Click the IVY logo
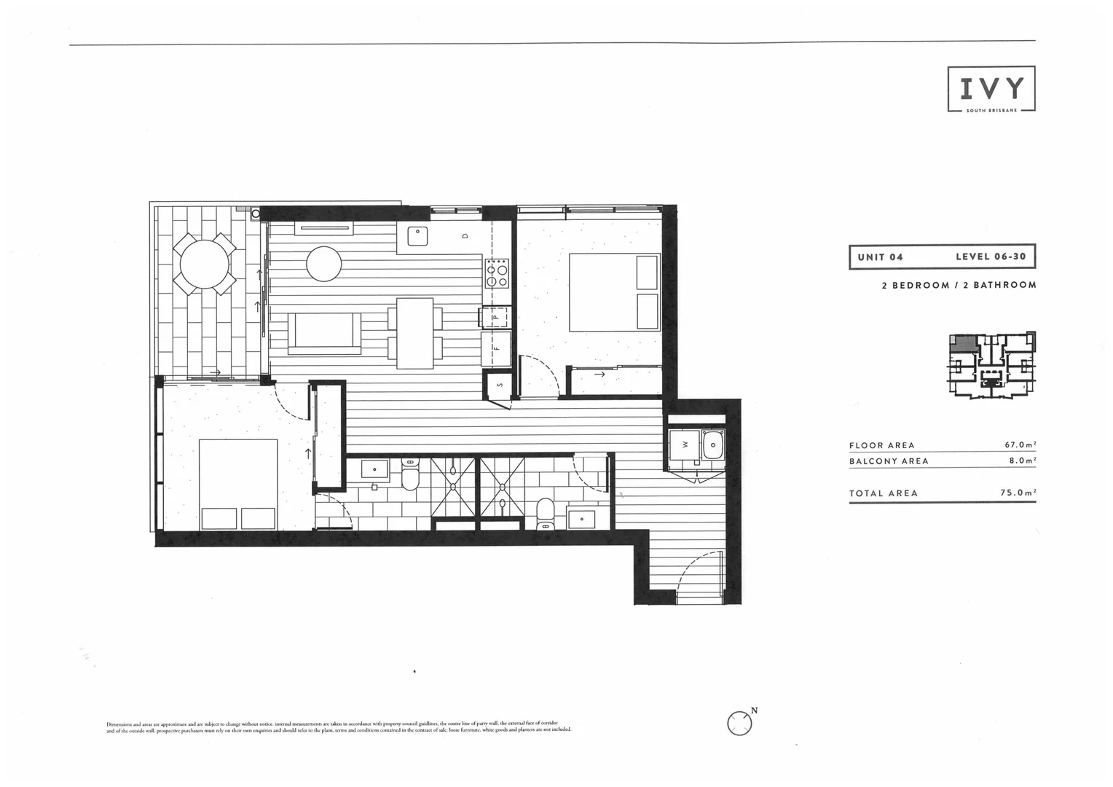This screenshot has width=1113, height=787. pyautogui.click(x=991, y=89)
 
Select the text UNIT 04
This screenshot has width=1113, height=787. pyautogui.click(x=880, y=257)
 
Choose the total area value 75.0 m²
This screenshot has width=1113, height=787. pyautogui.click(x=1018, y=493)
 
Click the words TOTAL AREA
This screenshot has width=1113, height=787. pyautogui.click(x=883, y=493)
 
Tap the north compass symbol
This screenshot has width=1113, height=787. pyautogui.click(x=739, y=723)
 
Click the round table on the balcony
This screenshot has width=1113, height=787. pyautogui.click(x=203, y=263)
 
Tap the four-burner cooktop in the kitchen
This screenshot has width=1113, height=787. pyautogui.click(x=497, y=273)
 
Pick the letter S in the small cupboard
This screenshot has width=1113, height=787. pyautogui.click(x=500, y=384)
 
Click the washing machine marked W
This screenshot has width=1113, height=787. pyautogui.click(x=685, y=444)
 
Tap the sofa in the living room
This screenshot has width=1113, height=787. pyautogui.click(x=324, y=333)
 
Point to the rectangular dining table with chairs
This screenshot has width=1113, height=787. pyautogui.click(x=414, y=333)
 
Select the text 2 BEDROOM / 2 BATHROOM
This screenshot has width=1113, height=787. pyautogui.click(x=959, y=285)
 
